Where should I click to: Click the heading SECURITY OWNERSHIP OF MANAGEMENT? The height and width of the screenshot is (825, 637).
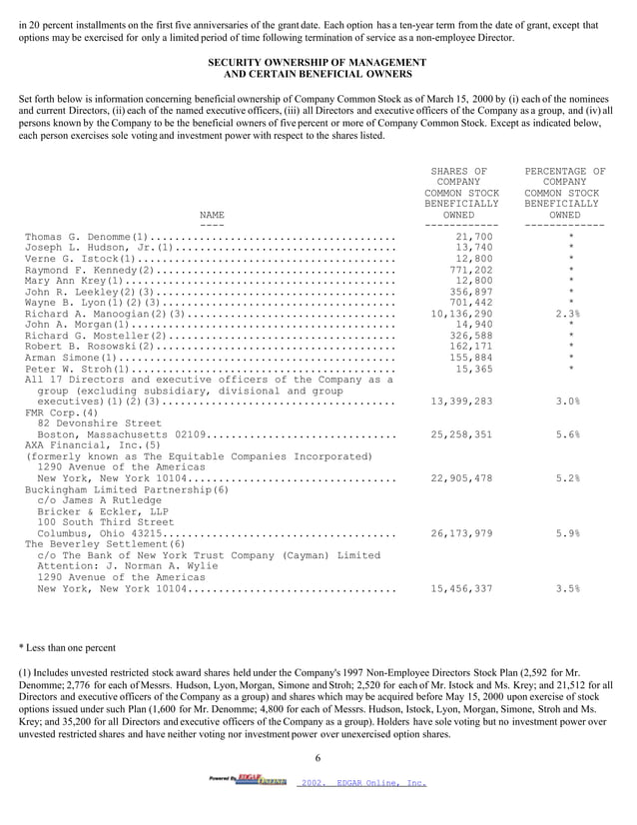coord(317,62)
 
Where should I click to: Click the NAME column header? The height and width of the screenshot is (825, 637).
coord(212,215)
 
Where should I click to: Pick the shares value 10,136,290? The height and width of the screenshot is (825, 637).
coord(461,314)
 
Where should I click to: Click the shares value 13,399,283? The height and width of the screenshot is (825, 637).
coord(461,402)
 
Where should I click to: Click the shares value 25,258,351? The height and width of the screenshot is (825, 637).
coord(461,435)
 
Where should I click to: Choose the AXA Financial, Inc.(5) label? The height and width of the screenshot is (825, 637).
coord(84,445)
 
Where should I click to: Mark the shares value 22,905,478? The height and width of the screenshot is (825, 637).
coord(461,478)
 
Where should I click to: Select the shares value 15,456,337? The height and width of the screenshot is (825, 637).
coord(461,588)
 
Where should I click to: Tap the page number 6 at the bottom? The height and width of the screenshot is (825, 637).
coord(317,759)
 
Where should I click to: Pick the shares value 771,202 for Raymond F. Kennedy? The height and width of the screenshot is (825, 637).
coord(471,270)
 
